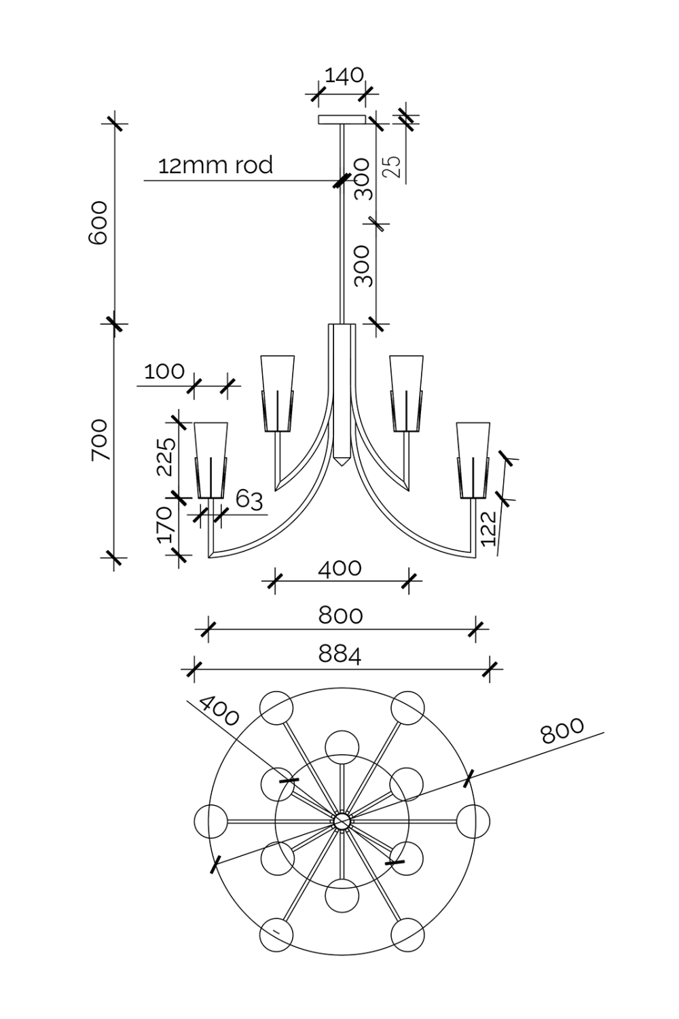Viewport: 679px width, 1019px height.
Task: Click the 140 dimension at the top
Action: click(344, 75)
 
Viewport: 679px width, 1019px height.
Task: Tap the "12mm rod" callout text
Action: click(215, 165)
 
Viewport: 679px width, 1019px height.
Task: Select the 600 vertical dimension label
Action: click(98, 222)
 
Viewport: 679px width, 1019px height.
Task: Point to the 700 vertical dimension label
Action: click(99, 440)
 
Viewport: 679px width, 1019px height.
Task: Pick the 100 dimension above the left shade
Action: click(164, 372)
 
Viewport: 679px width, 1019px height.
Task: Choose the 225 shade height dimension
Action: click(166, 456)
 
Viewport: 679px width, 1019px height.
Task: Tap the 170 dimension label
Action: click(165, 524)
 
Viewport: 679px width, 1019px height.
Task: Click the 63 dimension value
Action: click(249, 499)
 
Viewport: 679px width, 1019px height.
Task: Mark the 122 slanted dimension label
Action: click(489, 528)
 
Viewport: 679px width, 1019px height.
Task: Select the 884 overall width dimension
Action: click(340, 654)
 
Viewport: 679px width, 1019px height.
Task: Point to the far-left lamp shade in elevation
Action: click(211, 459)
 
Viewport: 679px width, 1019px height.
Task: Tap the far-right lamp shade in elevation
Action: click(473, 459)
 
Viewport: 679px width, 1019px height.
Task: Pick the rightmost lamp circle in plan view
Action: click(473, 821)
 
